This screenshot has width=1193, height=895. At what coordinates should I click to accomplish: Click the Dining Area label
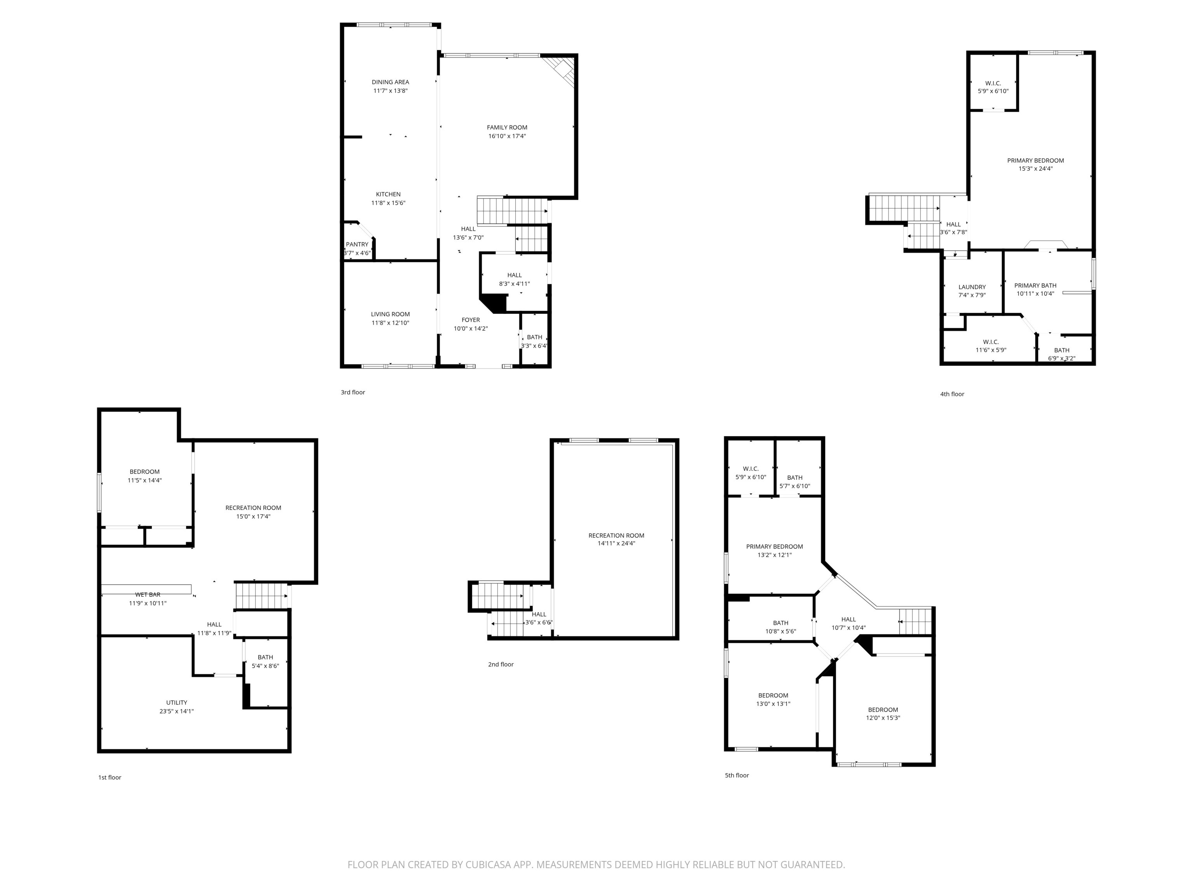390,82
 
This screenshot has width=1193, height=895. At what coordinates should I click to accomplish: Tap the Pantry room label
357,244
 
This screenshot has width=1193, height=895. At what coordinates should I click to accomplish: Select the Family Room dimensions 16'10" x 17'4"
506,136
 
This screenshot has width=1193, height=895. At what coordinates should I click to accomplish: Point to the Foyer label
470,320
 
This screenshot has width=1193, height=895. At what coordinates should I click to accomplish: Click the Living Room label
390,314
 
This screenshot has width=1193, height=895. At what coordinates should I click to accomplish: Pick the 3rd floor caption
353,392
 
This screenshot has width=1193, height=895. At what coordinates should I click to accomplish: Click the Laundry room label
972,287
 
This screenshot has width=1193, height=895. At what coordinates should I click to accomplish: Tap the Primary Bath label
1035,286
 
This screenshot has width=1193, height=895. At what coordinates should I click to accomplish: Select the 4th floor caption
952,394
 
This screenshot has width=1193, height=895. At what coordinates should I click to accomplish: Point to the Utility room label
176,702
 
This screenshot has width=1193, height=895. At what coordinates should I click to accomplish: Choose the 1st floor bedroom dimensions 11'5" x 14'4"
144,480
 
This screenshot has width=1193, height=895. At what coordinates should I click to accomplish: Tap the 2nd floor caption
501,664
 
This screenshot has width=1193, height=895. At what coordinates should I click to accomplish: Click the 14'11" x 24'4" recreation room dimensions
616,543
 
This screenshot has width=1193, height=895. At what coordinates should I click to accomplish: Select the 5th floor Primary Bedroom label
774,547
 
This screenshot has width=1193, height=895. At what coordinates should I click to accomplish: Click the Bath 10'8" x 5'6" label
781,623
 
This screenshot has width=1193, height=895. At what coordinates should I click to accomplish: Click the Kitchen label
388,194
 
